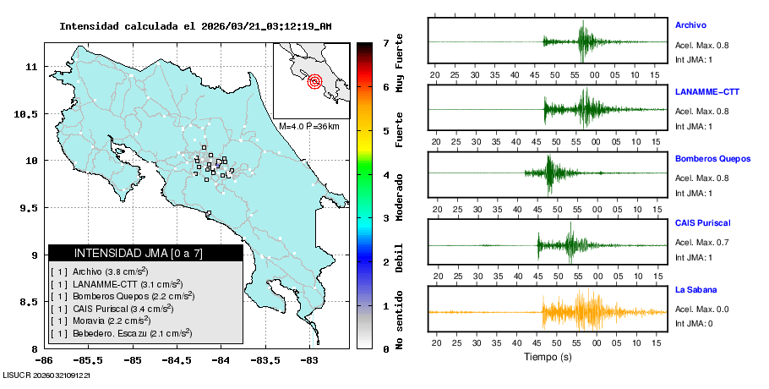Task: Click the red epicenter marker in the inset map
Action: (x=314, y=82)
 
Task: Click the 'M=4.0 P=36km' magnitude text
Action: (x=309, y=126)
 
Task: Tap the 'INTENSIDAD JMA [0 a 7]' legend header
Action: (x=139, y=253)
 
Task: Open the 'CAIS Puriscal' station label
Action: (x=702, y=223)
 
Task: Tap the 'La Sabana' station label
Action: (x=695, y=290)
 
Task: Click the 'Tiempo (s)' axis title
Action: (x=548, y=357)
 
